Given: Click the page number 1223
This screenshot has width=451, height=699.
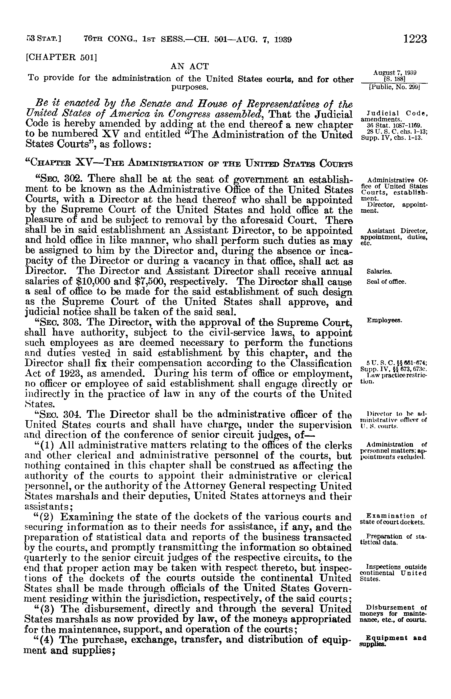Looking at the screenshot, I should coord(415,39).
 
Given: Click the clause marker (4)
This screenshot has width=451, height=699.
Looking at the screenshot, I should coord(46,640).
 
